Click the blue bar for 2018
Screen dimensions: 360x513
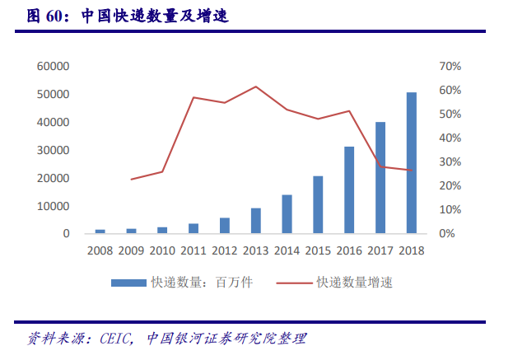click(x=411, y=163)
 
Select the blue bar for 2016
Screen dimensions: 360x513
click(x=349, y=190)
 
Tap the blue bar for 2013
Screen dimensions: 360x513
click(x=256, y=221)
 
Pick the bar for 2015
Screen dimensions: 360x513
click(x=318, y=205)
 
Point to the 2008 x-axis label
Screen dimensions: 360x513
click(x=100, y=250)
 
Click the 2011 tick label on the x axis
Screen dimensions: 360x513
click(x=194, y=250)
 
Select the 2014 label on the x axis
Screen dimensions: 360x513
click(x=287, y=250)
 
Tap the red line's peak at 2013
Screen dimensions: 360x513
click(x=256, y=86)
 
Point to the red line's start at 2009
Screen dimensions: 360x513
click(x=132, y=179)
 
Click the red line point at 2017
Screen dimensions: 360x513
click(x=380, y=166)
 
